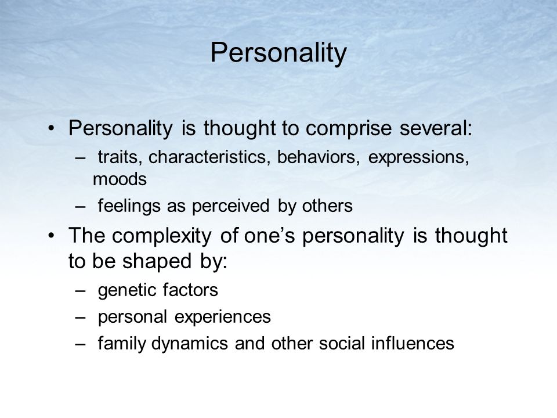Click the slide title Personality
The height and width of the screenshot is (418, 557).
[278, 53]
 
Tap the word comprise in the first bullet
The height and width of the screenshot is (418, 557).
[349, 129]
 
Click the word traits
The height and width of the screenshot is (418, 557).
[118, 157]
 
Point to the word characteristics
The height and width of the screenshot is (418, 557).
[207, 157]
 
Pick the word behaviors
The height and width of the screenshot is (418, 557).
[316, 157]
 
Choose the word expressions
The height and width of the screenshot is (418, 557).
[418, 157]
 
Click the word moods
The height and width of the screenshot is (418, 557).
[120, 179]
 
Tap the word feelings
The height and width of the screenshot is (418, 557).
[129, 206]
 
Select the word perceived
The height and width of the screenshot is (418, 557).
[230, 207]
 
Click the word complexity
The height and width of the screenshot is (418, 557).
[162, 236]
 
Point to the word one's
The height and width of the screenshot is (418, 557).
[269, 235]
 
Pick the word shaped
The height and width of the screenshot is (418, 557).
[157, 262]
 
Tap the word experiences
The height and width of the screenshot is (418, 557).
[222, 318]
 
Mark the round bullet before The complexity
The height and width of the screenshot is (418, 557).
[52, 236]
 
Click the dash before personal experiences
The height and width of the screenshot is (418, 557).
[81, 317]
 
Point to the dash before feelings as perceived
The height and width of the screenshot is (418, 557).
[81, 206]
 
